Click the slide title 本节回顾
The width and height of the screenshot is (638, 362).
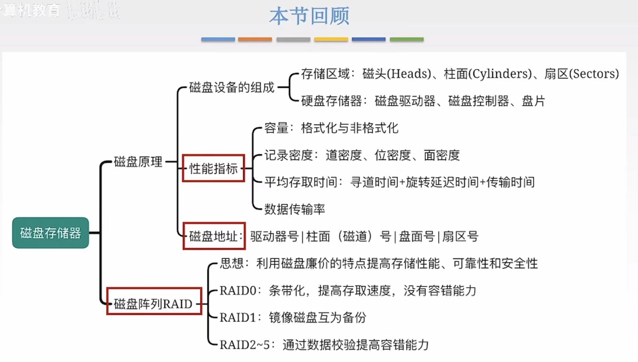pyautogui.click(x=309, y=16)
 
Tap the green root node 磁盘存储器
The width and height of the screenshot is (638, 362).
pyautogui.click(x=50, y=233)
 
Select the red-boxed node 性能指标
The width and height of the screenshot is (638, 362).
pyautogui.click(x=213, y=168)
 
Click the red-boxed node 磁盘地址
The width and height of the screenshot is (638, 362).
pyautogui.click(x=214, y=236)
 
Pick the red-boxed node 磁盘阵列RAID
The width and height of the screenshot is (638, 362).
pyautogui.click(x=154, y=304)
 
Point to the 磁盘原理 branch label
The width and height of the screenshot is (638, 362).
pyautogui.click(x=138, y=162)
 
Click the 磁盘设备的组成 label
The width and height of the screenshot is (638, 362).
pyautogui.click(x=232, y=88)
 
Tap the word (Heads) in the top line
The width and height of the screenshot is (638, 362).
pyautogui.click(x=409, y=74)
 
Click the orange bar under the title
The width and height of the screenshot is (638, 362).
pyautogui.click(x=255, y=39)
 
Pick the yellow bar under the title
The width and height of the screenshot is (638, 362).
pyautogui.click(x=331, y=39)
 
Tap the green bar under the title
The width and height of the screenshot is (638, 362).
pyautogui.click(x=407, y=39)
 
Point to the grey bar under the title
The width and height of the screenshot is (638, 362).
pyautogui.click(x=293, y=39)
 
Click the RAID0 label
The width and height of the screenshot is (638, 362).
pyautogui.click(x=238, y=291)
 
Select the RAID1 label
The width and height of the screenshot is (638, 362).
pyautogui.click(x=238, y=317)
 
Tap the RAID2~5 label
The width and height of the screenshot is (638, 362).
pyautogui.click(x=245, y=345)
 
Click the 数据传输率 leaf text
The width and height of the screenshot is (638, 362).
pyautogui.click(x=294, y=209)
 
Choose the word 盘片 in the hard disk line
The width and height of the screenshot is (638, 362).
pyautogui.click(x=533, y=101)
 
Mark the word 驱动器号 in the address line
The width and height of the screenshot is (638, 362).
pyautogui.click(x=274, y=237)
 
